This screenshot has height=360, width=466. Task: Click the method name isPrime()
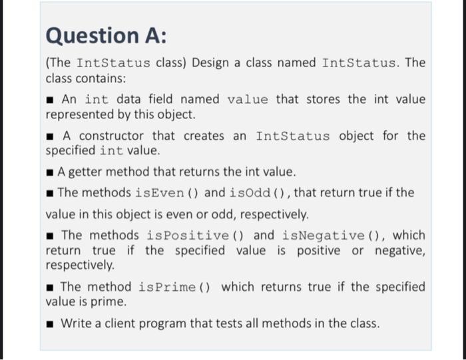(x=176, y=287)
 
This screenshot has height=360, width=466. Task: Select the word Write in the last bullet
(x=75, y=324)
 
